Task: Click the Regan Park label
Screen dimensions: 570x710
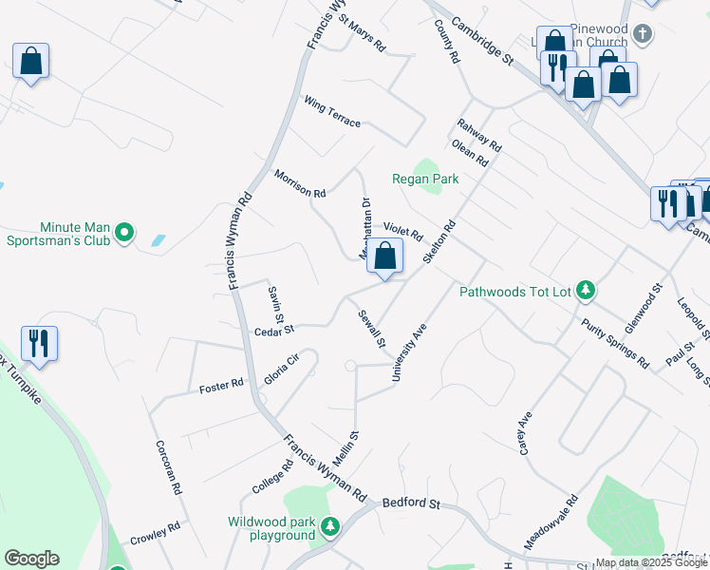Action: click(x=425, y=179)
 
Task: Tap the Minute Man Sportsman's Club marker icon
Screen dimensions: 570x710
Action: click(x=123, y=232)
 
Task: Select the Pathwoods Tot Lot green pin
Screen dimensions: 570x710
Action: click(x=587, y=290)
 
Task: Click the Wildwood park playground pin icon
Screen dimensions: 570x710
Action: click(x=329, y=525)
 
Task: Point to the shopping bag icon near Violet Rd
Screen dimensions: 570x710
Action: click(x=384, y=256)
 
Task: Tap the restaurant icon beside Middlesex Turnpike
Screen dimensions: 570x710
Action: click(x=39, y=343)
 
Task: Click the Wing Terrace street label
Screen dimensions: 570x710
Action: click(x=332, y=110)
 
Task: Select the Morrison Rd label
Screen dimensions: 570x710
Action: click(x=299, y=183)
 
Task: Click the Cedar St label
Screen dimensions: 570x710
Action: click(x=275, y=332)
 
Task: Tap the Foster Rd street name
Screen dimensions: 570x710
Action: click(x=221, y=387)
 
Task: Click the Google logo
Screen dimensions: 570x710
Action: click(x=31, y=559)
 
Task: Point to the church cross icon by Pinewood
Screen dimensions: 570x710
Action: click(x=643, y=35)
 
